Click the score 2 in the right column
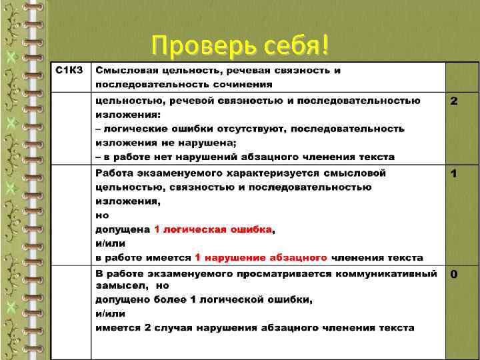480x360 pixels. (454, 101)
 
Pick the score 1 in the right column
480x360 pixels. (454, 174)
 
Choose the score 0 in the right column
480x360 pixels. (454, 274)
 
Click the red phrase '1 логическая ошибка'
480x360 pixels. (213, 229)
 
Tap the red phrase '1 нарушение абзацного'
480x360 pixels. (261, 257)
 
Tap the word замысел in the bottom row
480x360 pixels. (117, 285)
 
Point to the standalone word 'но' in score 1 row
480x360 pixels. (101, 215)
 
